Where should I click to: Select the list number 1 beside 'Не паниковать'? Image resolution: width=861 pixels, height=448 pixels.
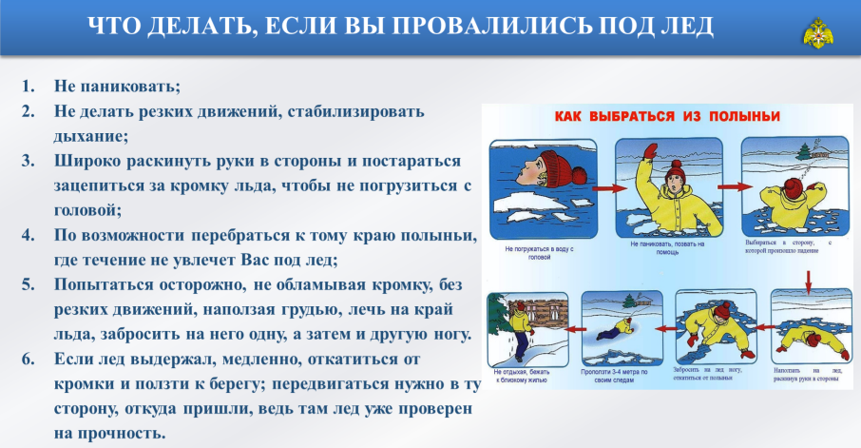pos(29,87)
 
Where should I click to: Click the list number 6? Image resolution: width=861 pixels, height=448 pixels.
pos(29,359)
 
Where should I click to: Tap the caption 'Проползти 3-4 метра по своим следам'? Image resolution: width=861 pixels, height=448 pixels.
pos(615,374)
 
